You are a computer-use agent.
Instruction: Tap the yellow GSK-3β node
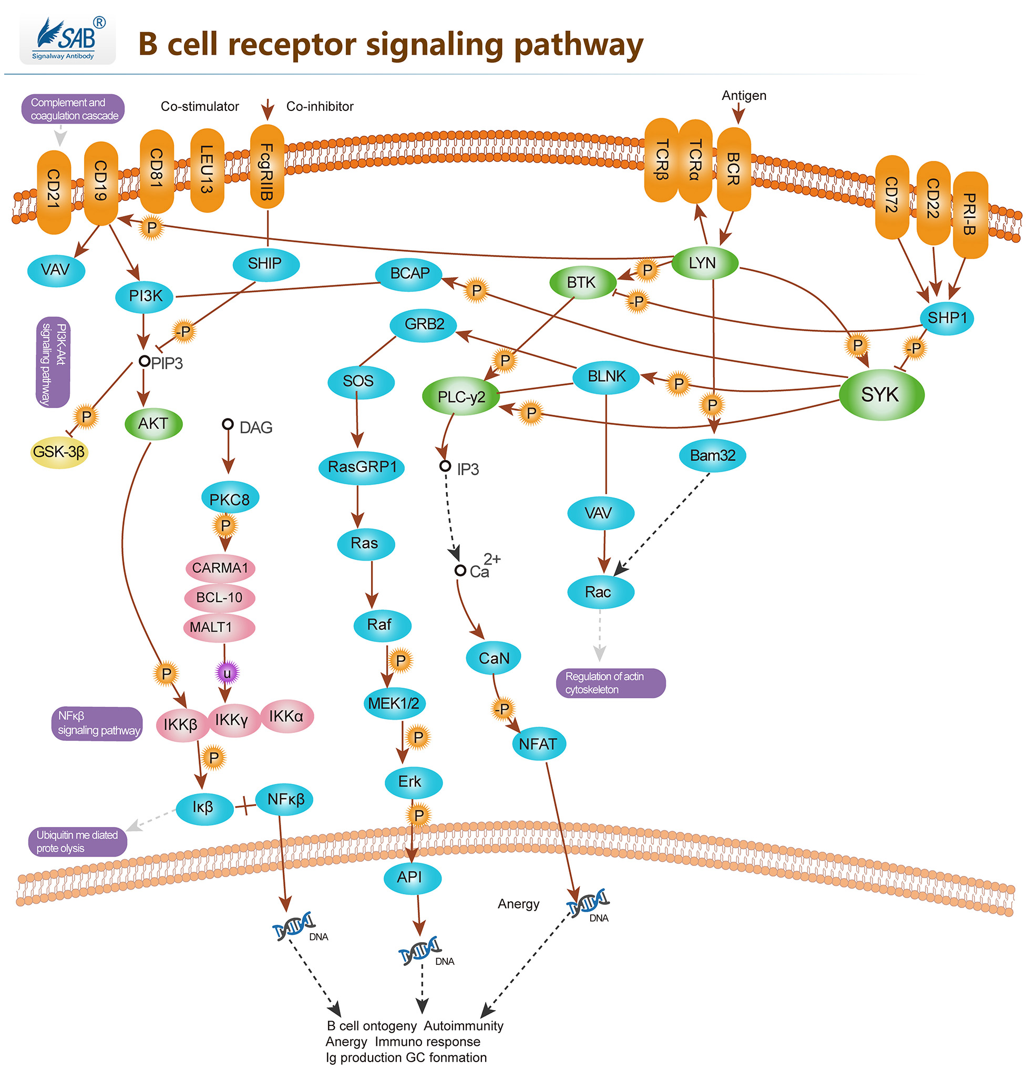click(x=59, y=452)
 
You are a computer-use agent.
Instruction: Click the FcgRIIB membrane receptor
click(x=266, y=168)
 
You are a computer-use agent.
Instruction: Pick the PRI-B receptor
click(x=969, y=214)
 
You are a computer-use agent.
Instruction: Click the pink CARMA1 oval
click(x=220, y=568)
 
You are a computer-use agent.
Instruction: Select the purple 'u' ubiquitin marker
click(x=227, y=674)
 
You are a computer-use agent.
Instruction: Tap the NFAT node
click(x=538, y=744)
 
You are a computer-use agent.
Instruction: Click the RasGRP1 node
click(x=362, y=467)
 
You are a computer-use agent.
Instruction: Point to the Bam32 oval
click(x=712, y=456)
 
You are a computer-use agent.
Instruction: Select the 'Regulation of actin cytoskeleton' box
click(x=610, y=683)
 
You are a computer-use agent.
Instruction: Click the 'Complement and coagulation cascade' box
click(x=73, y=109)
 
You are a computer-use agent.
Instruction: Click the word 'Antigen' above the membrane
click(x=743, y=96)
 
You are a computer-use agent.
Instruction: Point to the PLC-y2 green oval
click(x=461, y=397)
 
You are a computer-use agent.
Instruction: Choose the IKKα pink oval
click(x=286, y=716)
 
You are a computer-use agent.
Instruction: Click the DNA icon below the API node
click(x=419, y=951)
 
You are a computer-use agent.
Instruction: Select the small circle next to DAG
click(x=228, y=424)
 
